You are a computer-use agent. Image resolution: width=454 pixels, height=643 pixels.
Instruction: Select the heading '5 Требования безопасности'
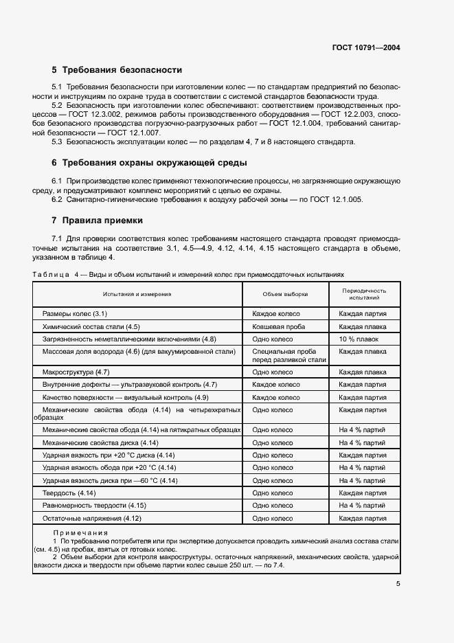(117, 70)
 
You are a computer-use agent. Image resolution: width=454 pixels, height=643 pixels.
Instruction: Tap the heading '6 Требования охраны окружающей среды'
(146, 163)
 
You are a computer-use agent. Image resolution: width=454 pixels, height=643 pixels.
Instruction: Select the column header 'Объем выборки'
(285, 294)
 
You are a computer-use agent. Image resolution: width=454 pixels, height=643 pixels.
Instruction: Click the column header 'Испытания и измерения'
(137, 294)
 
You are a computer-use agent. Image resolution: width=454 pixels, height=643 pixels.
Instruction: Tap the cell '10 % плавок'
(358, 339)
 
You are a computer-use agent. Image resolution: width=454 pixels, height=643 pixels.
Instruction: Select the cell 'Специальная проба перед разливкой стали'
(288, 355)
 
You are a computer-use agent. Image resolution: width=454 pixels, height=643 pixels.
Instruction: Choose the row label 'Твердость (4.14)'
(69, 493)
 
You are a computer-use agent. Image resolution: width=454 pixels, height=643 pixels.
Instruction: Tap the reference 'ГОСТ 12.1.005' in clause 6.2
(337, 199)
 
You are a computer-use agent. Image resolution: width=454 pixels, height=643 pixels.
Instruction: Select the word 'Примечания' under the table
(80, 533)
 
